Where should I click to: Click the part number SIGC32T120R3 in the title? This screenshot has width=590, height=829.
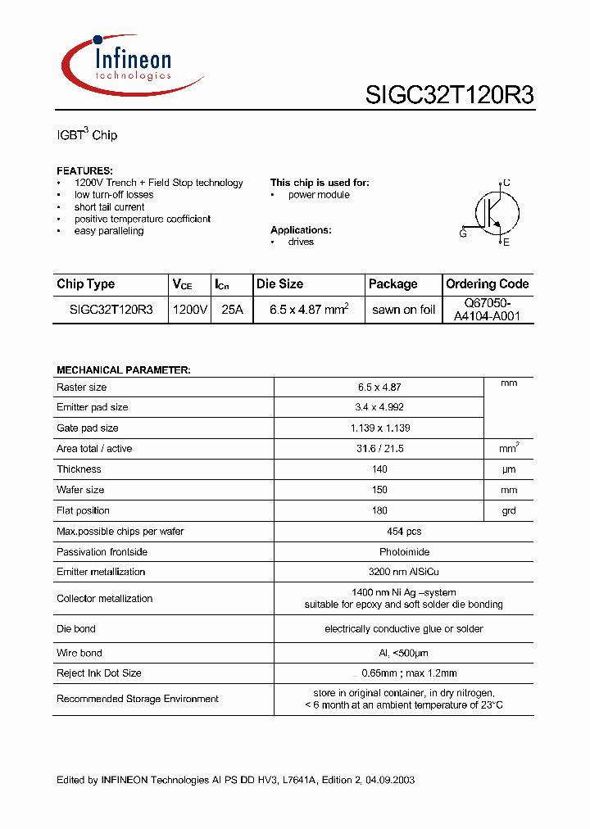click(x=449, y=95)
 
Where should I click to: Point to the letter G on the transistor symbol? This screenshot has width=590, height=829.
click(x=463, y=233)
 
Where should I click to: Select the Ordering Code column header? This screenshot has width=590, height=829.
click(x=488, y=284)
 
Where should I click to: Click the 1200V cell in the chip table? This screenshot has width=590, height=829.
click(x=190, y=310)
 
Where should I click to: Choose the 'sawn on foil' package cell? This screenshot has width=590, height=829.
click(x=403, y=310)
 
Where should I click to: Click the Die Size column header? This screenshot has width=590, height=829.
click(x=279, y=284)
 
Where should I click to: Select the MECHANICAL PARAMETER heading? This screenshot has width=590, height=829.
click(x=123, y=370)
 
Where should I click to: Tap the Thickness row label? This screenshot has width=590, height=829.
click(x=79, y=469)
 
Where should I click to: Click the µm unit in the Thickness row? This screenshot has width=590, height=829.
click(x=508, y=469)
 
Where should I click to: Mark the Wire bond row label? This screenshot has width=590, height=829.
click(x=79, y=653)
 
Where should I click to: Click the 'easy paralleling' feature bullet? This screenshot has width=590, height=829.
click(x=108, y=231)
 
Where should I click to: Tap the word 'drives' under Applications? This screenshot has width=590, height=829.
click(x=301, y=242)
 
